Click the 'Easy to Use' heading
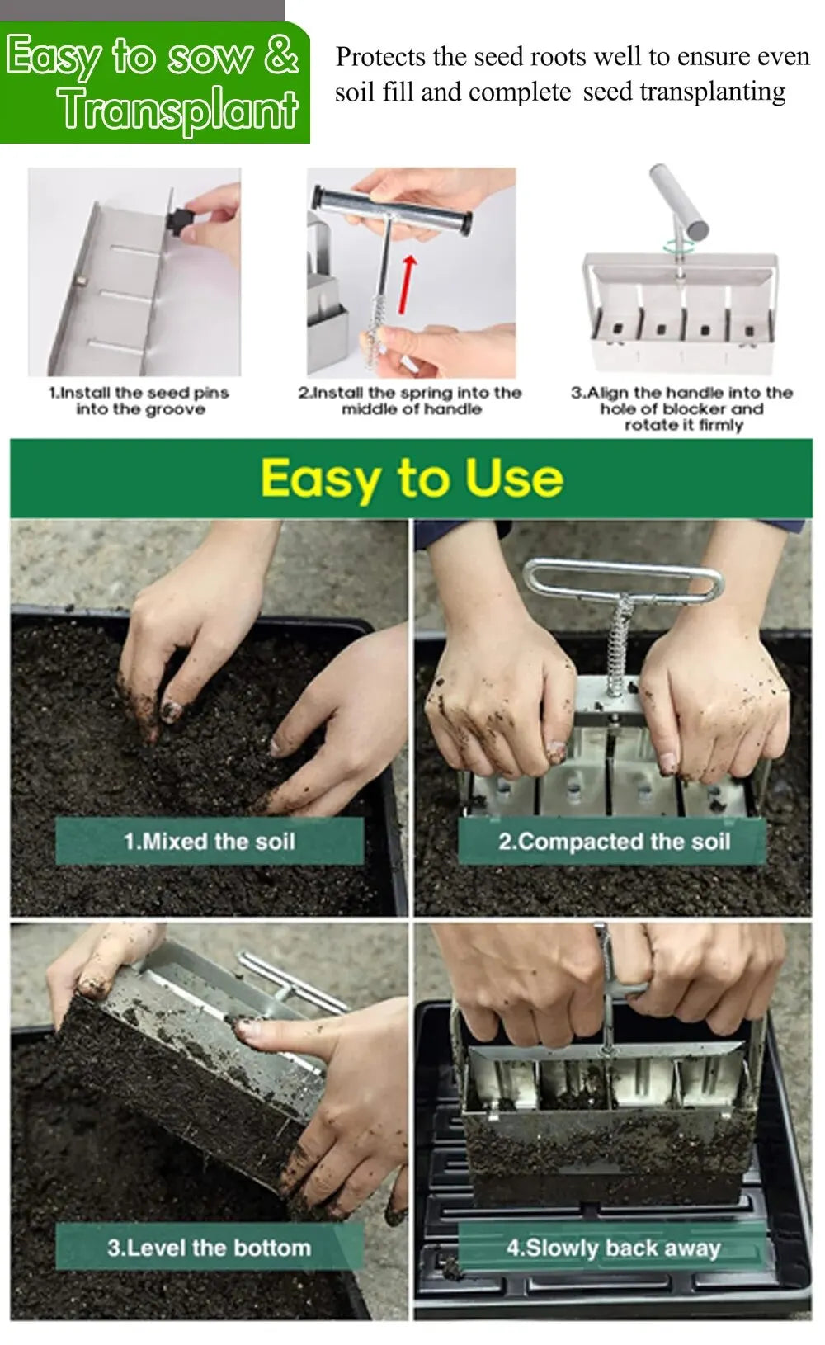coord(412,478)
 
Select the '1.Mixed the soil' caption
coord(209,841)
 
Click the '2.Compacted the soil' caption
coord(614,841)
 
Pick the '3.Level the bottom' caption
coord(209,1247)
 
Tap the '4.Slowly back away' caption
coord(614,1247)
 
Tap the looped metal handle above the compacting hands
coord(623,578)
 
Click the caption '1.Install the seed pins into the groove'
coord(139,401)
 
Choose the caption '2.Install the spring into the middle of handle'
coord(410,401)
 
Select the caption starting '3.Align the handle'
coord(682,408)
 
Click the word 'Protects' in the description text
coord(380,57)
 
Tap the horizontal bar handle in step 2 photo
coord(391,199)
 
